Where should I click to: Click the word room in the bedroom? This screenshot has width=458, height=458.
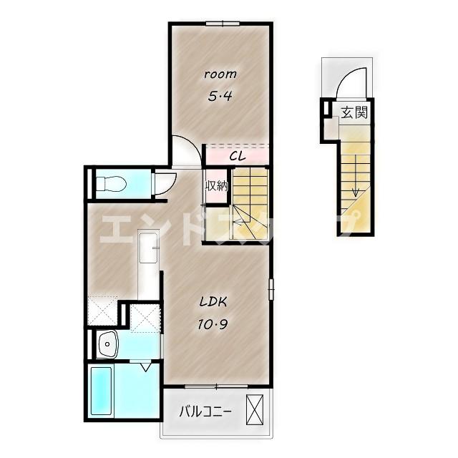tap(220, 74)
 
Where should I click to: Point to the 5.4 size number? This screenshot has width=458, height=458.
tap(220, 96)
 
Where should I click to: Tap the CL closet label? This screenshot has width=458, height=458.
tap(237, 157)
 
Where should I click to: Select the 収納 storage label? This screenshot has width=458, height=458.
tap(217, 186)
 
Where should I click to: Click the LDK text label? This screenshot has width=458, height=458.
tap(213, 302)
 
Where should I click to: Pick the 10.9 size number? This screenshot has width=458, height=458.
tap(213, 324)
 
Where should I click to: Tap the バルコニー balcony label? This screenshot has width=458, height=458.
tap(205, 412)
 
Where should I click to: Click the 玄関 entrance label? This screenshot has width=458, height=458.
tap(354, 112)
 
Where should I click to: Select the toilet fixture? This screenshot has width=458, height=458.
tap(111, 184)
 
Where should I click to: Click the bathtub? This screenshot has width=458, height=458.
tap(101, 391)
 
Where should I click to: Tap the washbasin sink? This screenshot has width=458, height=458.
tap(107, 344)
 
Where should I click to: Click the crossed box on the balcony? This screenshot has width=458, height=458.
tap(255, 409)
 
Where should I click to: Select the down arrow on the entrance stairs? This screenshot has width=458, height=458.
tap(356, 175)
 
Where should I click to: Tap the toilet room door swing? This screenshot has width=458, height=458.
tap(166, 184)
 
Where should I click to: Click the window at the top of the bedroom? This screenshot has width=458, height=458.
tap(223, 24)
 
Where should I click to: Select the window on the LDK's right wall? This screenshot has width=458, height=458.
tap(271, 289)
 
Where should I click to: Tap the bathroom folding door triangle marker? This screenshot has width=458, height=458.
tap(146, 367)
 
